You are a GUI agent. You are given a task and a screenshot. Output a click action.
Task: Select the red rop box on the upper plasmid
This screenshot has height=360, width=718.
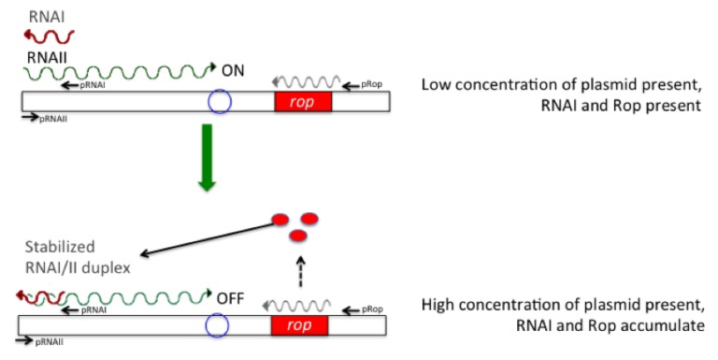302,101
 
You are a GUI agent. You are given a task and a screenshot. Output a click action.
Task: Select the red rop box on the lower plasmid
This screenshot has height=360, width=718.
299,325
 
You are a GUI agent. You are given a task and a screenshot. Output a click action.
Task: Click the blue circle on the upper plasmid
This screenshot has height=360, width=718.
219,101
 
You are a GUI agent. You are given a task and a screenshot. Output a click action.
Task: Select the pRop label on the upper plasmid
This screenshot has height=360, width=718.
372,84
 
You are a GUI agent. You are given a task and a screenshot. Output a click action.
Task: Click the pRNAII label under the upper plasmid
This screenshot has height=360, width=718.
53,119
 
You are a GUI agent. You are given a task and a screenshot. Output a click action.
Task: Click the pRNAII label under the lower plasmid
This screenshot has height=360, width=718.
50,343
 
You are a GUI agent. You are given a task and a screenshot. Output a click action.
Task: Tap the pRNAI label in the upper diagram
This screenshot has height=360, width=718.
93,84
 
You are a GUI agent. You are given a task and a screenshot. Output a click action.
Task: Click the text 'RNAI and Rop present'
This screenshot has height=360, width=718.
621,106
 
